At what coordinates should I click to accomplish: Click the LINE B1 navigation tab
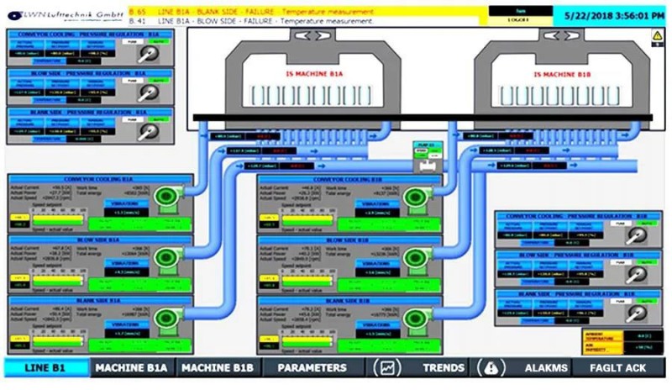46,368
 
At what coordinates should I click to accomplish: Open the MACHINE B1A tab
131,368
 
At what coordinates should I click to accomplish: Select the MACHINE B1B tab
218,368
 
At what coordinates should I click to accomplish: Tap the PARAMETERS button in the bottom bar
312,368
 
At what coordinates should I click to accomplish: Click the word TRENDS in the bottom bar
444,368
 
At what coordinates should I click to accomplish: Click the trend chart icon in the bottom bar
387,368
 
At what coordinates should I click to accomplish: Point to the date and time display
612,14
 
